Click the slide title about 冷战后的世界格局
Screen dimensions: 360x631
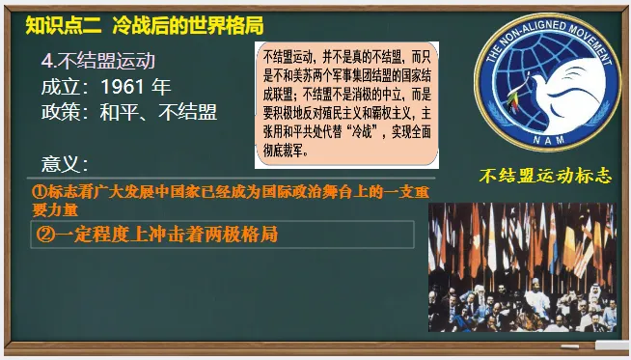pos(188,24)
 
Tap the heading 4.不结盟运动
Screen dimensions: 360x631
pos(97,60)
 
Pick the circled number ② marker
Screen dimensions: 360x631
pos(43,234)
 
